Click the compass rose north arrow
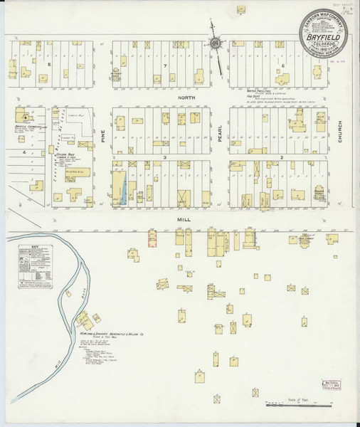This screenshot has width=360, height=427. (213, 43)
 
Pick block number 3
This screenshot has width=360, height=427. (164, 156)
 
